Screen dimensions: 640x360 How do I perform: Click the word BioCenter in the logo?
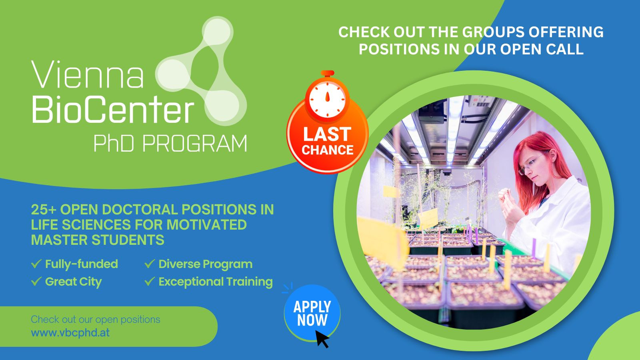click(x=113, y=110)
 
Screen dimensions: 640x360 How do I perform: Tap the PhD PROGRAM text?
click(x=170, y=144)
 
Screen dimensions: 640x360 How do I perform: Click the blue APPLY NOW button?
click(x=312, y=313)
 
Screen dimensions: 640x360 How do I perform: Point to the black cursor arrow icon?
click(x=322, y=339)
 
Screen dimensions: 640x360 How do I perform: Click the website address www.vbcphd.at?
click(x=70, y=333)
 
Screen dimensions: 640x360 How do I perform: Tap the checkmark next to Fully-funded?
click(x=36, y=264)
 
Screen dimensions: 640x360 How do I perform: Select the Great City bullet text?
click(x=74, y=282)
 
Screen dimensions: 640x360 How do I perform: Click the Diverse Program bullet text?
click(x=206, y=264)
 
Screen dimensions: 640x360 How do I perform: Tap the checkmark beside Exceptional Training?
click(x=150, y=281)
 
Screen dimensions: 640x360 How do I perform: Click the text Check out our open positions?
click(x=96, y=320)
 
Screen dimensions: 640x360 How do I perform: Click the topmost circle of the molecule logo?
click(x=218, y=32)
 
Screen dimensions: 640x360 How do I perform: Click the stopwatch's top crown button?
click(x=328, y=73)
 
